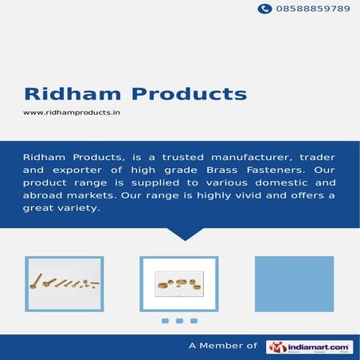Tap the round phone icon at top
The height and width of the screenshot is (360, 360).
pos(264,9)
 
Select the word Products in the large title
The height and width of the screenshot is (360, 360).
pos(189,93)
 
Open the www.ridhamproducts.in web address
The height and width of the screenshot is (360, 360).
pos(72,112)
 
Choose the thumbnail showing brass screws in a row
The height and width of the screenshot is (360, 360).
pos(65,284)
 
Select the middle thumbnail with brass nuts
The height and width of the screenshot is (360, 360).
pos(179,284)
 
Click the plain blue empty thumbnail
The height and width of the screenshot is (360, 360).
pos(294,284)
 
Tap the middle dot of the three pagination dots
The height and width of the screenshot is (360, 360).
pos(179,321)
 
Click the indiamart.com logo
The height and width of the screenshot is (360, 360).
pos(309,346)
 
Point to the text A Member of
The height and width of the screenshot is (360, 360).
pos(222,346)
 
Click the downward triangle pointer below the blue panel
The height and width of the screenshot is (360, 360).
pos(186,233)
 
